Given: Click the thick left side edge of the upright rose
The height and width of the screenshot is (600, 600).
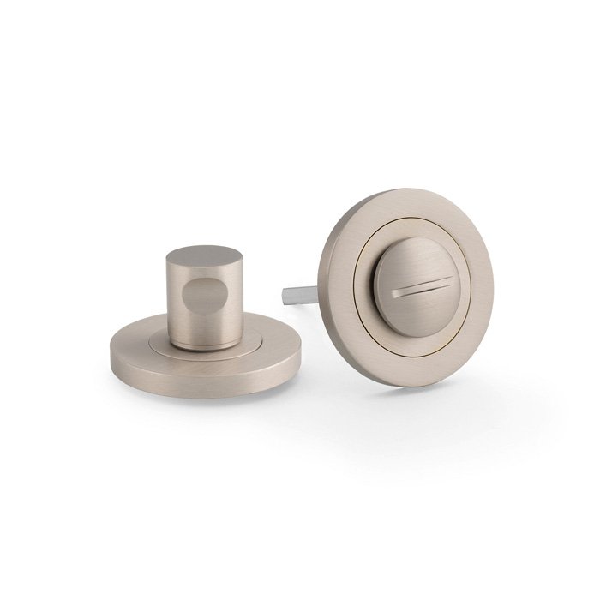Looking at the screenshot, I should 322,283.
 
